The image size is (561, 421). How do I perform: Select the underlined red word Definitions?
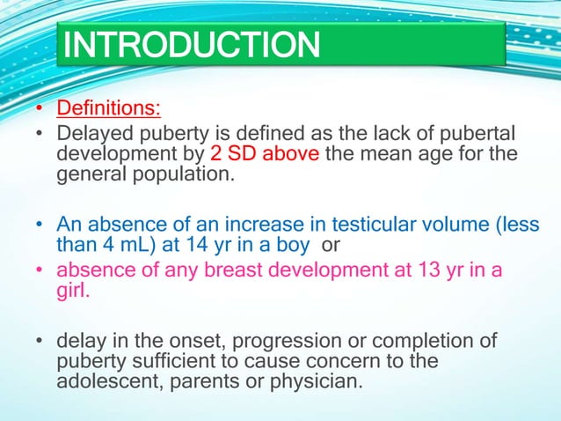pyautogui.click(x=109, y=111)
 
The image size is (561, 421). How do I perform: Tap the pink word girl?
pyautogui.click(x=75, y=291)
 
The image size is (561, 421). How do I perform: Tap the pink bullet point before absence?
pyautogui.click(x=40, y=271)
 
